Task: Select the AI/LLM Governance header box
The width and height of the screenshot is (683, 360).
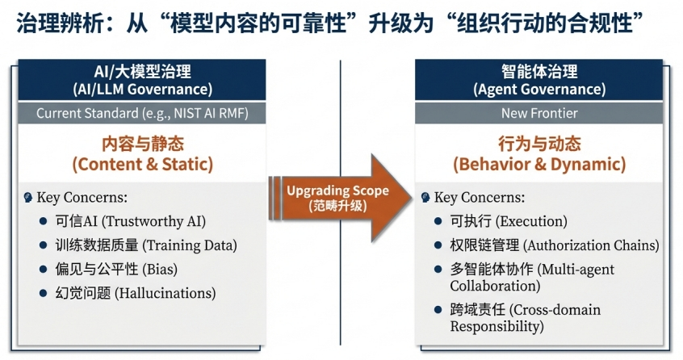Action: click(x=142, y=80)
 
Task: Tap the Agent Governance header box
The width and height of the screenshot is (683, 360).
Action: click(x=538, y=80)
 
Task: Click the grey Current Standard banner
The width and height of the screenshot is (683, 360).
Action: click(x=142, y=113)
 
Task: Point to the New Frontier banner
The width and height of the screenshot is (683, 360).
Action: click(x=538, y=113)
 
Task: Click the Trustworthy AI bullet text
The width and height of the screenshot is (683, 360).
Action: click(x=130, y=221)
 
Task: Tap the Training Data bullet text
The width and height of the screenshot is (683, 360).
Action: click(x=146, y=245)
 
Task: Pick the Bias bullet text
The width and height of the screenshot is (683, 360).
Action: click(x=116, y=269)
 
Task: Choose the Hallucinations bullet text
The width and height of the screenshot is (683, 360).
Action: click(x=135, y=293)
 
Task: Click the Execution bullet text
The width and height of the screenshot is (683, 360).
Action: click(x=509, y=221)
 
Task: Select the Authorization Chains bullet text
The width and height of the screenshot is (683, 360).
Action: click(x=554, y=245)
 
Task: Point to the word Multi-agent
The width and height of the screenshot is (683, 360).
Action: click(x=576, y=270)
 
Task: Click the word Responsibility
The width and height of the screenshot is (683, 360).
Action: click(x=497, y=326)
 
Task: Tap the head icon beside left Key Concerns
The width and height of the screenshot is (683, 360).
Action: click(x=28, y=198)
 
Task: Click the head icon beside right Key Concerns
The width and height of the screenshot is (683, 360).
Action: click(x=425, y=198)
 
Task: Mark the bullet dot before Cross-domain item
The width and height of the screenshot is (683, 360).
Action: click(x=438, y=310)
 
